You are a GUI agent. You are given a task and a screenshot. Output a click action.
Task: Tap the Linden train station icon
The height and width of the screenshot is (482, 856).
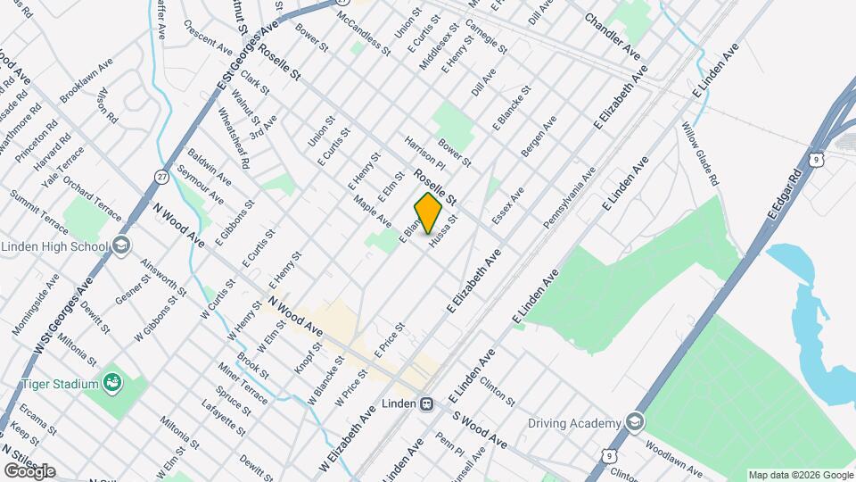tap(427, 403)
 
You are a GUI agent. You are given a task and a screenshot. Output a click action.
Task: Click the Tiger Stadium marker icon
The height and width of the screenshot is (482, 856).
tap(112, 384)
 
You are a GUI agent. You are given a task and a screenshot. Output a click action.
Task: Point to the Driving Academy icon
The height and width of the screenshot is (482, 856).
tap(634, 422)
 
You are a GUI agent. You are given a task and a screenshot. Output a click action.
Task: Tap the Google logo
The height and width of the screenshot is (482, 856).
tap(29, 470)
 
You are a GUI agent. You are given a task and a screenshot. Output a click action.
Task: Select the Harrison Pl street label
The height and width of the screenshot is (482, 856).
tap(424, 154)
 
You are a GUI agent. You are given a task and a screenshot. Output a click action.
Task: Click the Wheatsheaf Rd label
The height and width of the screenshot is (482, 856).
tap(233, 138)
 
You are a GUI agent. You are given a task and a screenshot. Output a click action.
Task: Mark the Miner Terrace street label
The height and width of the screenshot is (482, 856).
tap(241, 384)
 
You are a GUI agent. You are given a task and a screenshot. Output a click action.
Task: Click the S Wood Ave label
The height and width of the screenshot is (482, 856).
tap(479, 430)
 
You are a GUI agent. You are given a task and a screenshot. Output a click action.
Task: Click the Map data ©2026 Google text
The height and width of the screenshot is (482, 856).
tap(800, 475)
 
